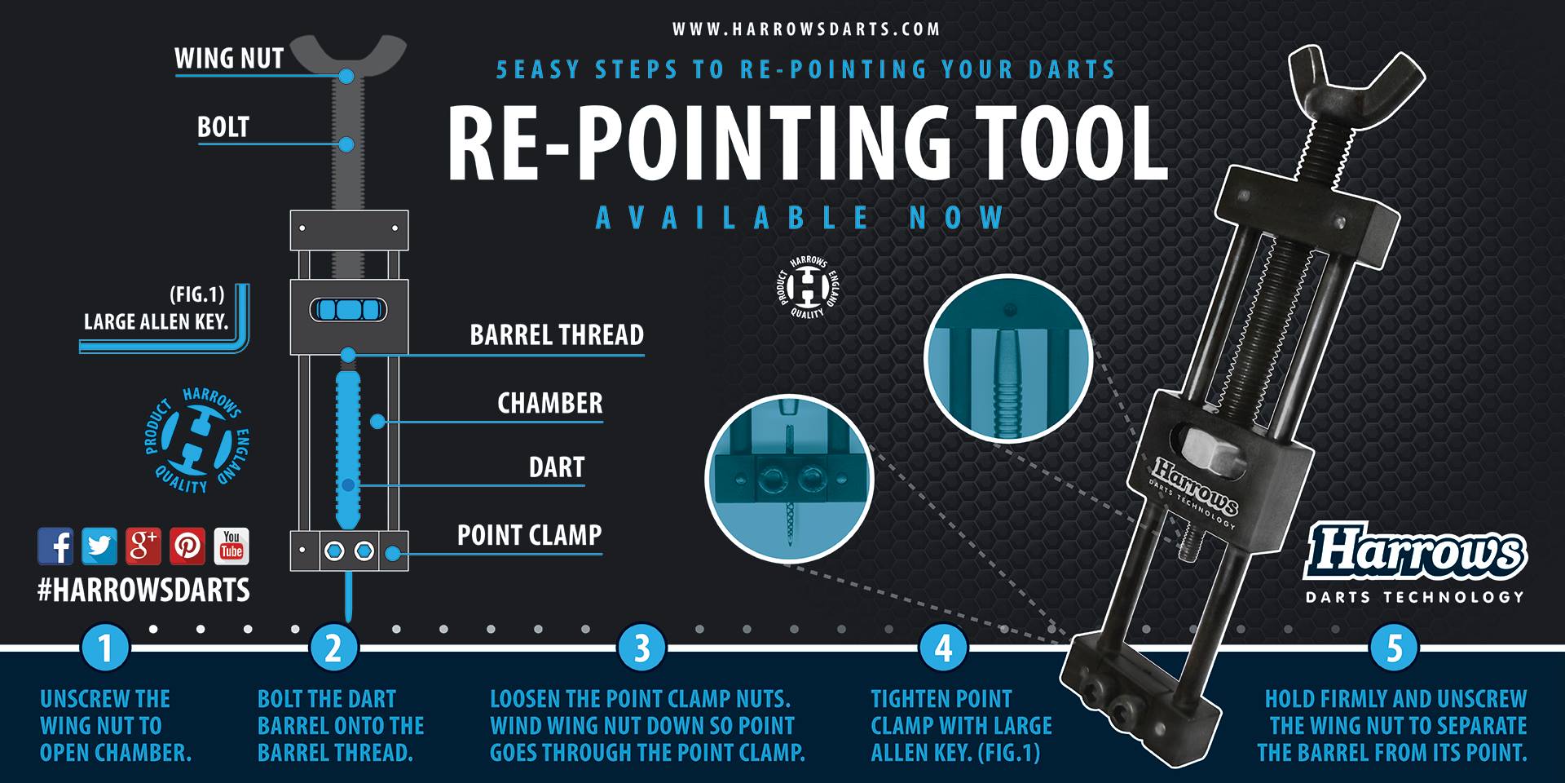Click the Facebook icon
point(55,546)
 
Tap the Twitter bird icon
point(99,546)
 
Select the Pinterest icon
point(187,546)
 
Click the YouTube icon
point(231,546)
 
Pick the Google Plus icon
point(143,546)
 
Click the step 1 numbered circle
point(105,649)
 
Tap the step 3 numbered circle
point(641,649)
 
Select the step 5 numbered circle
point(1394,649)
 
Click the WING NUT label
point(229,59)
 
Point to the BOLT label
point(223,127)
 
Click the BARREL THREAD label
point(557,335)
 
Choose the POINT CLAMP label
point(529,535)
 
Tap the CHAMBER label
point(550,403)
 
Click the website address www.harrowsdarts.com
point(806,29)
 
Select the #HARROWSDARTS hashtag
point(143,591)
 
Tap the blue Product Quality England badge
point(196,440)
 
